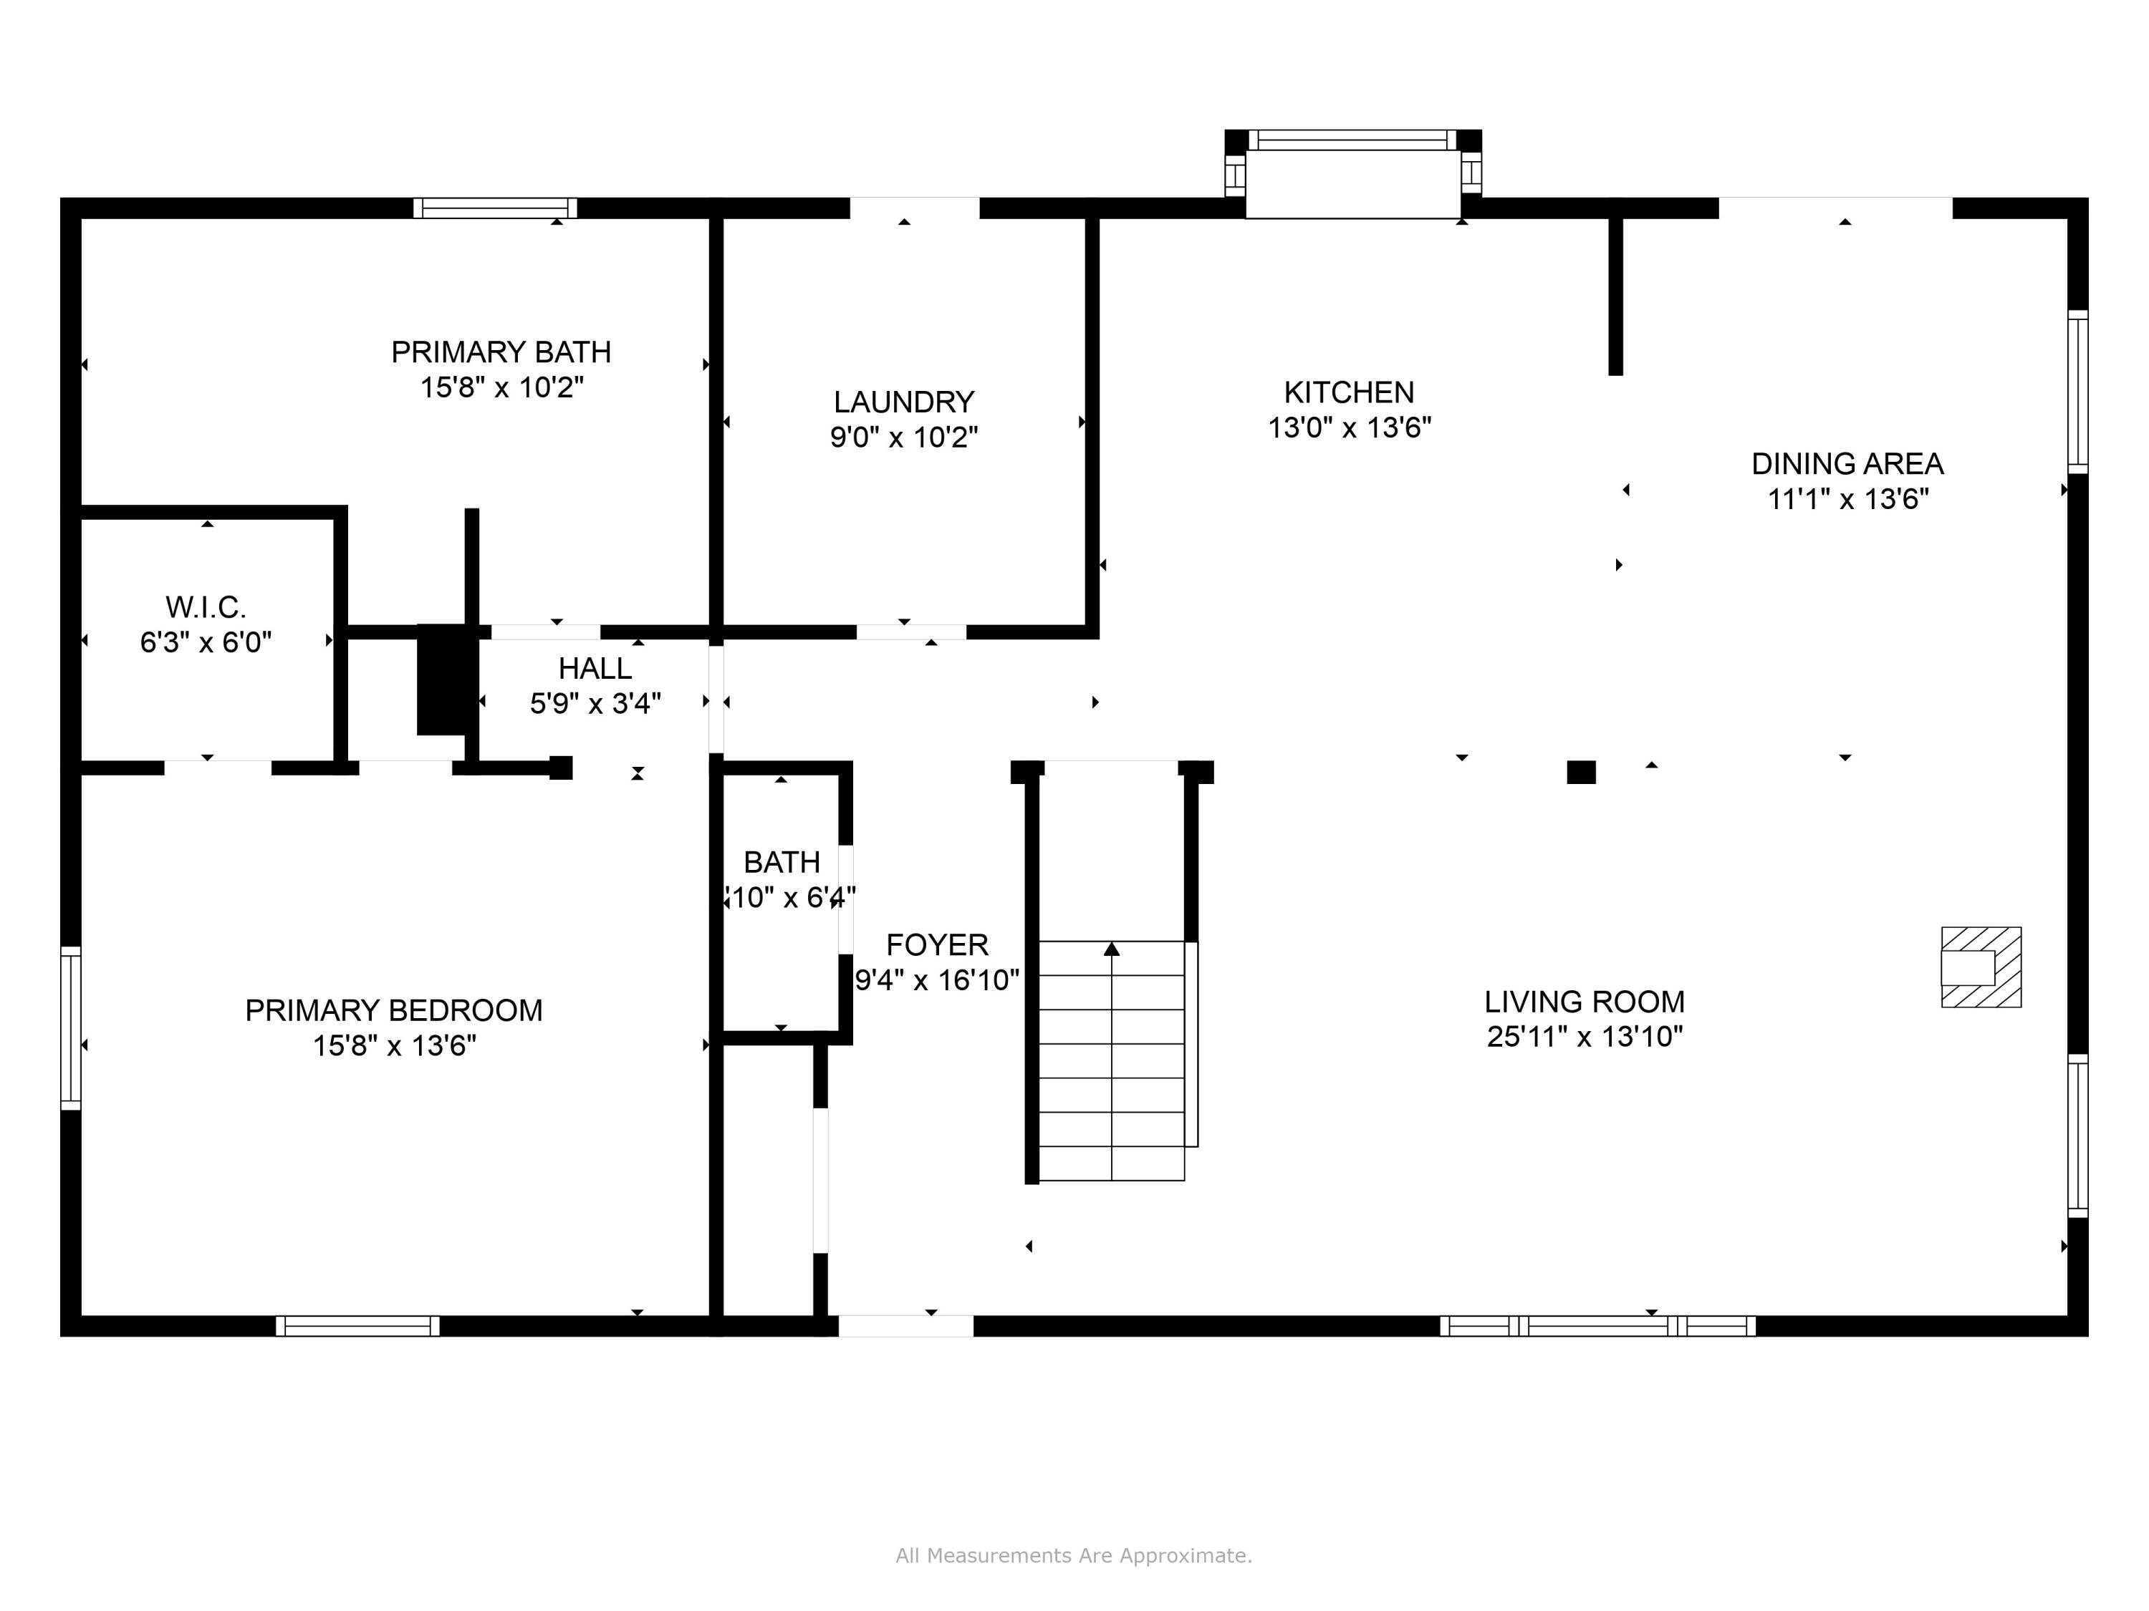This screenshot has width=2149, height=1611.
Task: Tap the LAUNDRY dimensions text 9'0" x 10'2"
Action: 903,437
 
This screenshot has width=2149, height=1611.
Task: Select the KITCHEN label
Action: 1348,392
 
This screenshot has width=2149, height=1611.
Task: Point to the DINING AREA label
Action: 1847,463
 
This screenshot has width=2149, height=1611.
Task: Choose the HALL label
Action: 595,668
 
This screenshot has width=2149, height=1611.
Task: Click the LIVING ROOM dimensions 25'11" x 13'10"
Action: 1584,1036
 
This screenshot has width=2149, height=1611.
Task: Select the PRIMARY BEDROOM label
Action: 393,1010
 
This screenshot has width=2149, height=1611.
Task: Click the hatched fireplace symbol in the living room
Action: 1981,967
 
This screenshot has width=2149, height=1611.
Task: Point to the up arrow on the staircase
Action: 1112,949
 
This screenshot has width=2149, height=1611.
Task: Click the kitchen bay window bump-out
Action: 1352,175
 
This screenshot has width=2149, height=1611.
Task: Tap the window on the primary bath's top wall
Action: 494,208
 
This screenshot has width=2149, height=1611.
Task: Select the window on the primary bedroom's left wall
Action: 71,1027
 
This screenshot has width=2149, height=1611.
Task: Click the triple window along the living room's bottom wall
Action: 1597,1325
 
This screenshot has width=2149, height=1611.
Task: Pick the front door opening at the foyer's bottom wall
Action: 905,1325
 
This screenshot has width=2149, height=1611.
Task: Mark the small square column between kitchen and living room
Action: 1581,772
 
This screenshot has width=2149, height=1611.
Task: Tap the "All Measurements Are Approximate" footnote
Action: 1074,1556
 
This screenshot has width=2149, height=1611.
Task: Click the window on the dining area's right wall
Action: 2077,392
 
